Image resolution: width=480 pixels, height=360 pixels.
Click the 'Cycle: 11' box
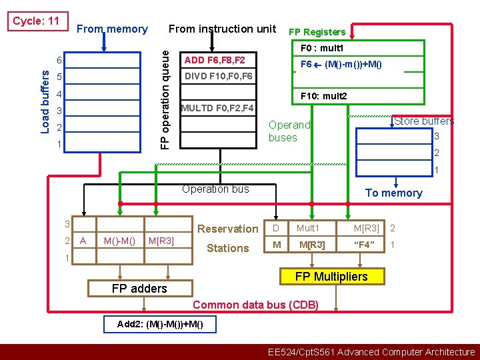click(x=37, y=21)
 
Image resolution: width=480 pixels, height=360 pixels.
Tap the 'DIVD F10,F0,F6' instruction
click(x=218, y=76)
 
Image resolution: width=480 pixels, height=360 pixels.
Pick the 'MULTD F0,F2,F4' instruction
click(x=217, y=108)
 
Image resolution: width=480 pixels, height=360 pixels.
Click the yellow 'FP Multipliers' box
click(x=331, y=276)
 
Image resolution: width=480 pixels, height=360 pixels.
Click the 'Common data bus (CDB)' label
click(x=255, y=305)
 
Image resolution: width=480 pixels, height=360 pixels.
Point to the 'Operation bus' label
click(x=215, y=189)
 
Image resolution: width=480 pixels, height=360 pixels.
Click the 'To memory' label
click(x=393, y=193)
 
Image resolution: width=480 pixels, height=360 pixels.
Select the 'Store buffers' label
click(x=424, y=121)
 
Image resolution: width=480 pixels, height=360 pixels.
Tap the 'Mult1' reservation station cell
click(x=308, y=229)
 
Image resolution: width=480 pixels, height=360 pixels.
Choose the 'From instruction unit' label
click(x=222, y=29)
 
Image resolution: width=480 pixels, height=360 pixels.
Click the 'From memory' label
click(x=112, y=29)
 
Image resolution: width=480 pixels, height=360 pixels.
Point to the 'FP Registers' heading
click(x=317, y=32)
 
